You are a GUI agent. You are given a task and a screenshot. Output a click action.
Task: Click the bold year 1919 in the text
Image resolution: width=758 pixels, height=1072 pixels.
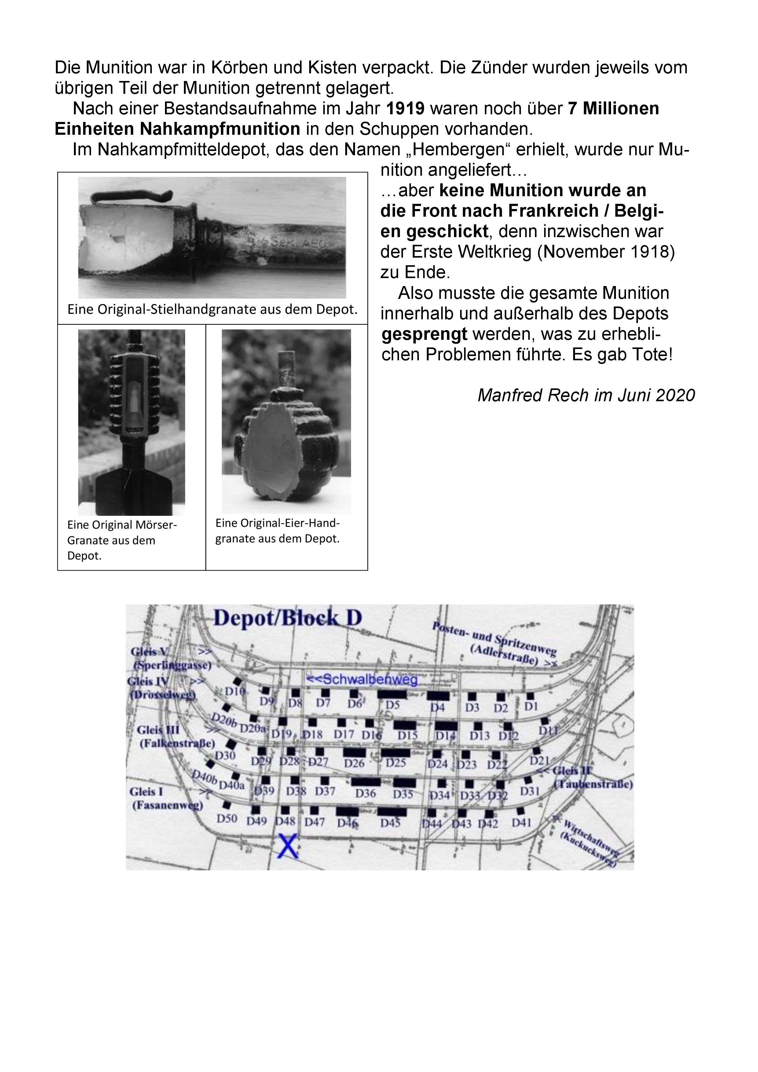coord(405,109)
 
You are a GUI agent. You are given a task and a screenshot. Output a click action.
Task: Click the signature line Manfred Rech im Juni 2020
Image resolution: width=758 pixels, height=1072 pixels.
coord(586,395)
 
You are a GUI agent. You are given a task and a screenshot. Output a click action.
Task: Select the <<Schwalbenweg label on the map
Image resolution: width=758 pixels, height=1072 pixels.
coord(361,680)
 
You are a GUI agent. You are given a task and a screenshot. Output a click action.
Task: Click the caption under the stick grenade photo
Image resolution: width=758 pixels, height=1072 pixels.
coord(212,310)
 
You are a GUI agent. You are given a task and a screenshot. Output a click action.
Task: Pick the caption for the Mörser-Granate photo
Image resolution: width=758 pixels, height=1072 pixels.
coord(122,540)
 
